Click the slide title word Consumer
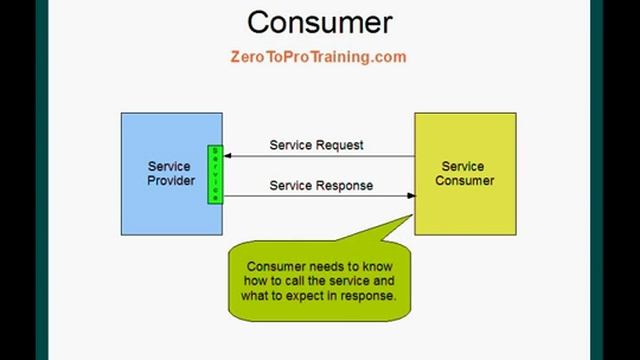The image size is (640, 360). (x=320, y=22)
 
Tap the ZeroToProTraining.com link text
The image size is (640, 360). (x=319, y=57)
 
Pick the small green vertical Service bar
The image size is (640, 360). (x=214, y=174)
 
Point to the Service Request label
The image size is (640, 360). (x=317, y=145)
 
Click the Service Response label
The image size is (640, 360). (x=321, y=185)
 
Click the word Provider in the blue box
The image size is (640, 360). (x=171, y=181)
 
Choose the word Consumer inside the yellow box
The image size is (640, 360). (x=465, y=181)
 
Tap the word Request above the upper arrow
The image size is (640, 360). (x=340, y=145)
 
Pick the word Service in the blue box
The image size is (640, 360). (x=170, y=167)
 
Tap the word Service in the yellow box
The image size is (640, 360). (x=463, y=167)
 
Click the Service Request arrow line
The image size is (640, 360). (x=320, y=156)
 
